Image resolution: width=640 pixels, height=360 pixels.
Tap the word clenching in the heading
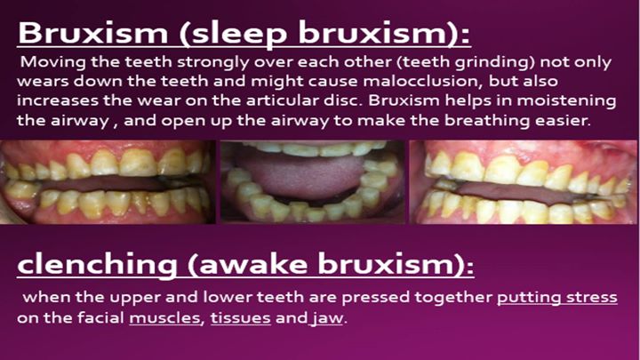(x=97, y=266)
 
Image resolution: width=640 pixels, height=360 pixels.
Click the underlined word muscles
(x=164, y=318)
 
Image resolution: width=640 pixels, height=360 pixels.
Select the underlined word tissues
(x=240, y=318)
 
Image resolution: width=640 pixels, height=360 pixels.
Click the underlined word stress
(x=592, y=298)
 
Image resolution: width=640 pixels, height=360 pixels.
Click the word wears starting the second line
(x=43, y=82)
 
